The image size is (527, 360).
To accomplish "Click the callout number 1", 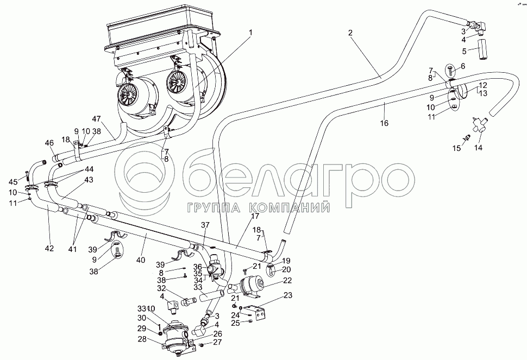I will point(250,33).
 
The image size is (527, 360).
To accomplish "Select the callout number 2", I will point(351,33).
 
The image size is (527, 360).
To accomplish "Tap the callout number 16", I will point(384,124).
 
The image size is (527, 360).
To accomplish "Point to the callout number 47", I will point(97,119).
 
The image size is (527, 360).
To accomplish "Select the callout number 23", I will point(287,296).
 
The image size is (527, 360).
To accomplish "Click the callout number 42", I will point(49,248).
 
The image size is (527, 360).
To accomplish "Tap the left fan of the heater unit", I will point(129,97).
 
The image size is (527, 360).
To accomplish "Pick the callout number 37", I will point(205,225).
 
